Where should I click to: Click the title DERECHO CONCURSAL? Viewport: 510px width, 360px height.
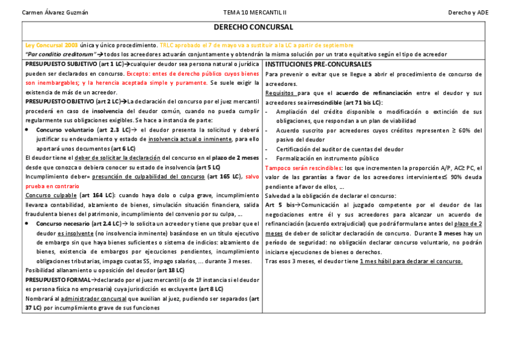[253, 28]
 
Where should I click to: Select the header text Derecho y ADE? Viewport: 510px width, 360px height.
[468, 13]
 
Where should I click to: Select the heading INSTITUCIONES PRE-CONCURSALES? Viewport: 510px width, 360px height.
[318, 64]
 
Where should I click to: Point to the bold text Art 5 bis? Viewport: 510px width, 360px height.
[279, 205]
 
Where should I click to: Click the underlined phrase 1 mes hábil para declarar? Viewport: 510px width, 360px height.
[404, 261]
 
